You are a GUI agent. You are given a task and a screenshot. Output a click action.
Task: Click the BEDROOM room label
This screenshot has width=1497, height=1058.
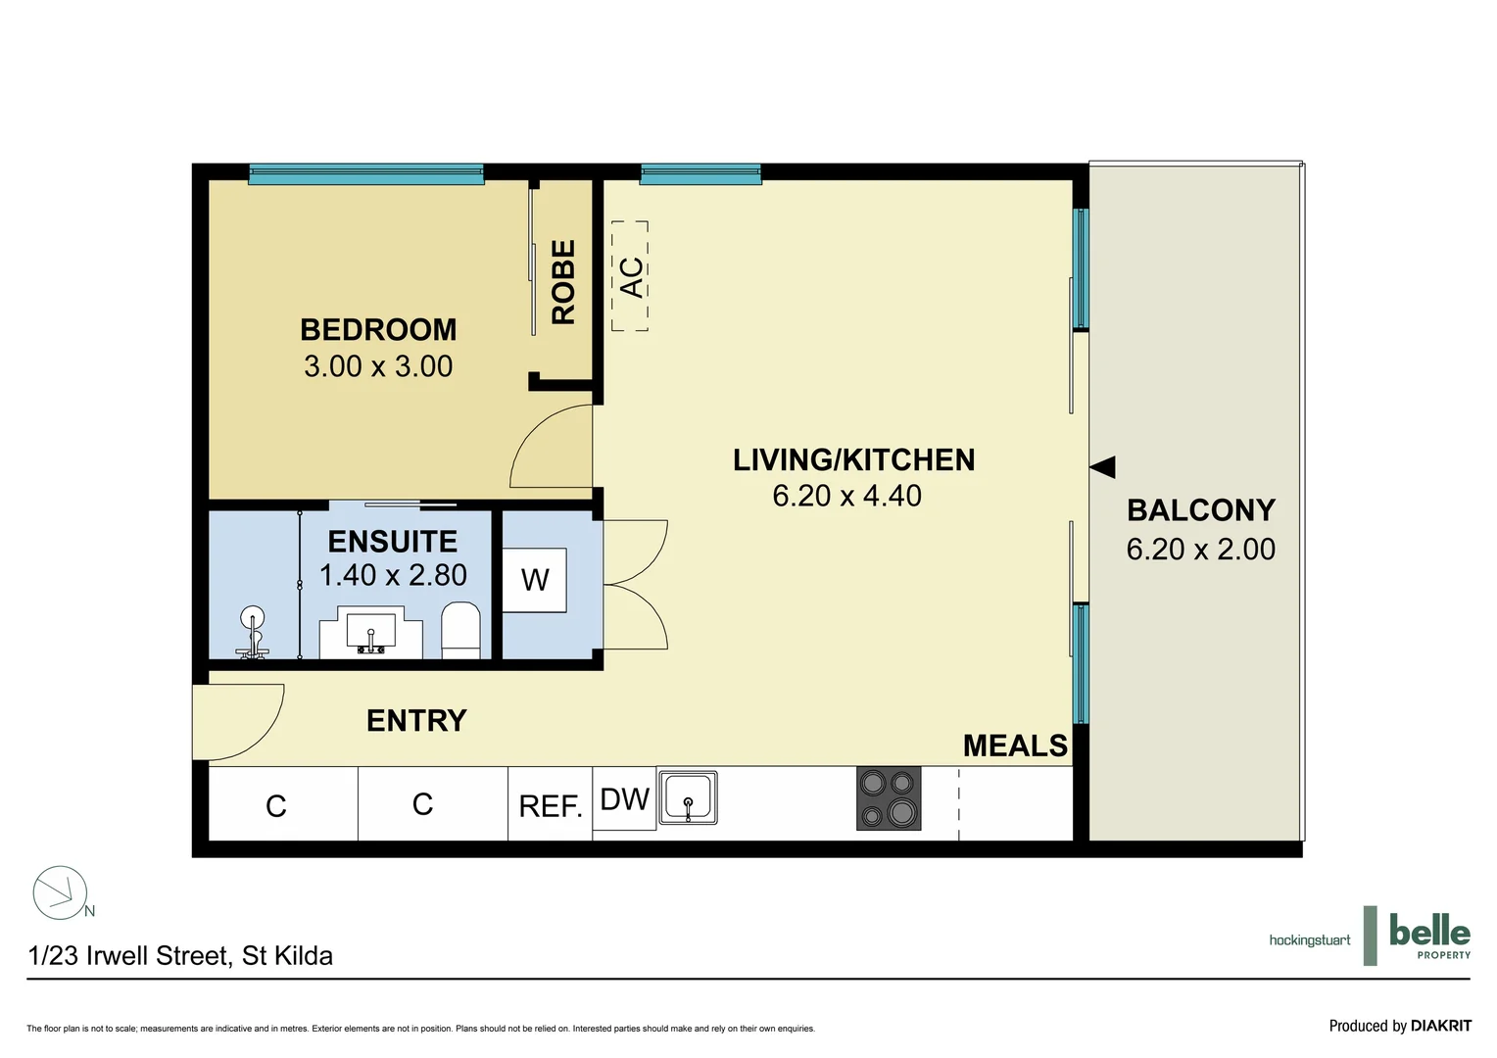378,330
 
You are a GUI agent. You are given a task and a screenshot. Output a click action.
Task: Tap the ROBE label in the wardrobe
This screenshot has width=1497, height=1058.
563,282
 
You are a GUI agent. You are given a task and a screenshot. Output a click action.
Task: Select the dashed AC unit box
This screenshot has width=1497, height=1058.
630,276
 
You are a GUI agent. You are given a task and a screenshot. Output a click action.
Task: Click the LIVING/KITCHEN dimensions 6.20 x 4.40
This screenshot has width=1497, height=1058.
846,496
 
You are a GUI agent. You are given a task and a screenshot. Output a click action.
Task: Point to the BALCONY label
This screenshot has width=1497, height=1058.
1200,510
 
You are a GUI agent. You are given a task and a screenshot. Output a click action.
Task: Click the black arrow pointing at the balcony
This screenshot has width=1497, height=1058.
1103,467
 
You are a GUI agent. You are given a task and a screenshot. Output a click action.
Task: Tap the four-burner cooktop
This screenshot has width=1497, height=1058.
889,797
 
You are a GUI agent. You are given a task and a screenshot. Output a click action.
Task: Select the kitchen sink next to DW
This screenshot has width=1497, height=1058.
688,797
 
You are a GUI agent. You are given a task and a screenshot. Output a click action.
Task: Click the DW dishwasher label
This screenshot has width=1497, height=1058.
624,799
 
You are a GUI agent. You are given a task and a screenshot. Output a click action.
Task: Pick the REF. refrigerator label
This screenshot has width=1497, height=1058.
550,806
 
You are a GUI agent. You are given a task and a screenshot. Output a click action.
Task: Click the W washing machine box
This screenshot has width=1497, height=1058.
535,580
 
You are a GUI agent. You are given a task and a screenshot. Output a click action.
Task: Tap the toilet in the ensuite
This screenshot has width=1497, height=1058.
460,630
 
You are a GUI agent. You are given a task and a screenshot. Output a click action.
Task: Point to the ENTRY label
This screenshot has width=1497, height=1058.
416,721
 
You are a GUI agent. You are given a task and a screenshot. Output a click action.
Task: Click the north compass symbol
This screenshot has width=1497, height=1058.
61,892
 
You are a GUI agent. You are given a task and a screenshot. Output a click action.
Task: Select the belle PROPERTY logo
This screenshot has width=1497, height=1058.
1429,936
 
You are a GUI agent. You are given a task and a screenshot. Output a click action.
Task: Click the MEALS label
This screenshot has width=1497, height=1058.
1015,746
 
